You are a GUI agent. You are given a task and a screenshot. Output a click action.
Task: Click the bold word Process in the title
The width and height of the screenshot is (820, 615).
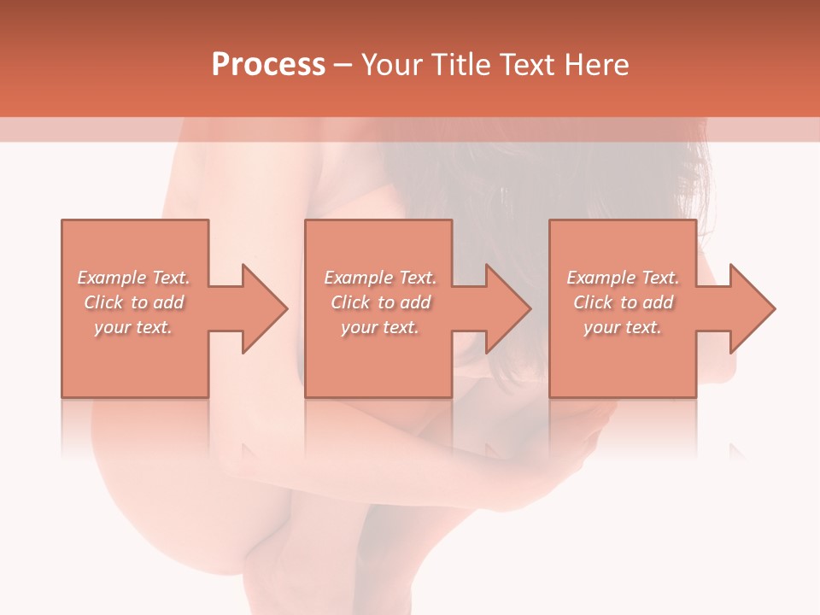tap(268, 65)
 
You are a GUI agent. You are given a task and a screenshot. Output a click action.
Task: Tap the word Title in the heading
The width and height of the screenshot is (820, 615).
tap(459, 65)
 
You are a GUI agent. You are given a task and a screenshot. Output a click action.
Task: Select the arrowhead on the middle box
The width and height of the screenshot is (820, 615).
tap(507, 308)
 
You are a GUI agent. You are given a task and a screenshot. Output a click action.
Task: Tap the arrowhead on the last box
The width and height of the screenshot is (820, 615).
tap(752, 308)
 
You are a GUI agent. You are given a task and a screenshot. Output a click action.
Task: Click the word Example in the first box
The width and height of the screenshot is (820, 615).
tap(112, 278)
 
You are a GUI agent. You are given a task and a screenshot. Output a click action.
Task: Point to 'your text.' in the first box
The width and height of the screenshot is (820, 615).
tap(133, 327)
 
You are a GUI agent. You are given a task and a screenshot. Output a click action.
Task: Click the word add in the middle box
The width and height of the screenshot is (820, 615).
tap(415, 302)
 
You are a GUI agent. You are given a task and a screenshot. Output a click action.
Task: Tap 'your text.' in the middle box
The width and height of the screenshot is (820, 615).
tap(379, 327)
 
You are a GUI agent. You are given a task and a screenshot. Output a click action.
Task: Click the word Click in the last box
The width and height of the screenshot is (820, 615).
tap(593, 302)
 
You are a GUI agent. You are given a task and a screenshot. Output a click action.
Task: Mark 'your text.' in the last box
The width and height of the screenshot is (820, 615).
tap(622, 327)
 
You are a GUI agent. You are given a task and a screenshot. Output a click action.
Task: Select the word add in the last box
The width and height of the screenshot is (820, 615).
tap(658, 302)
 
